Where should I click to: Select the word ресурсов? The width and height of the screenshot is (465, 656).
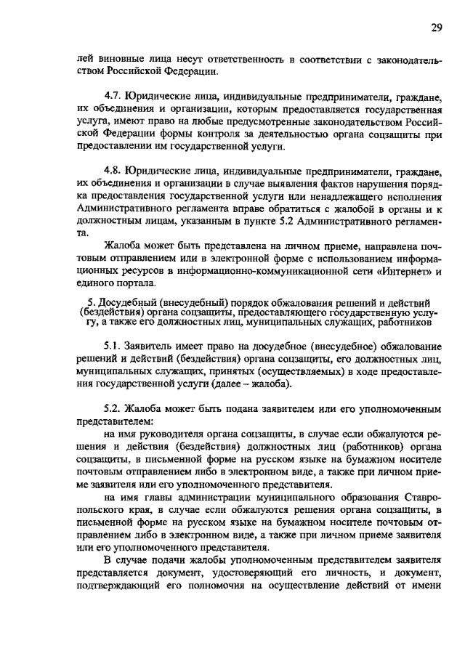pos(113,271)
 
